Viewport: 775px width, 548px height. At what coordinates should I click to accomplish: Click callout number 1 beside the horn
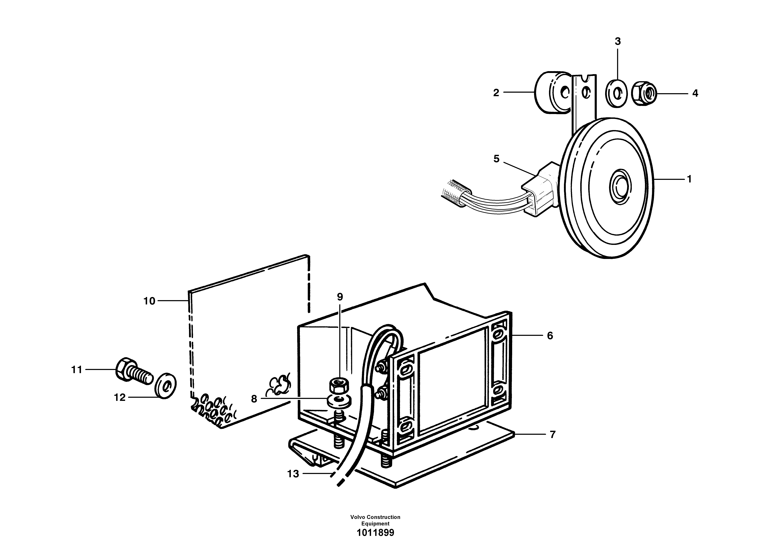689,179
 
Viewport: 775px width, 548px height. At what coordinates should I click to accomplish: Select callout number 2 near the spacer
496,93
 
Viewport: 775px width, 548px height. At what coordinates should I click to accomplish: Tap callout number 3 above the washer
617,42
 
